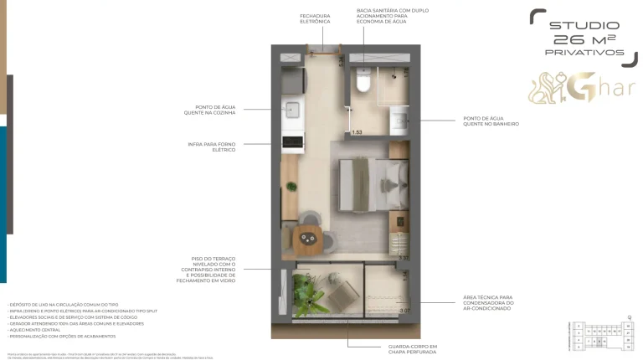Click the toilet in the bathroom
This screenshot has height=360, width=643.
(363, 82)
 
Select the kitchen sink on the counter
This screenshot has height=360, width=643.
(292, 110)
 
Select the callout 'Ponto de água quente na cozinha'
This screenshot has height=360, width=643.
(213, 110)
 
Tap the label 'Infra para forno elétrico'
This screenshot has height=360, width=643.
(212, 147)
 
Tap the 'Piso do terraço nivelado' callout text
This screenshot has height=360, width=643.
(213, 270)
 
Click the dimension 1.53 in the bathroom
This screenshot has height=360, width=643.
(357, 132)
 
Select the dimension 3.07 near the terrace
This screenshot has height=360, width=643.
(404, 311)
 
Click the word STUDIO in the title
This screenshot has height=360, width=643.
(584, 25)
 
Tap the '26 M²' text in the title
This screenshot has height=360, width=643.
(584, 39)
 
